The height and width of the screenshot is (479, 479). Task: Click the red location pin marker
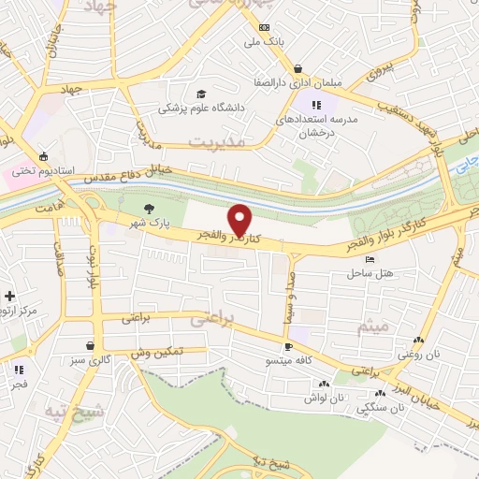coord(239,219)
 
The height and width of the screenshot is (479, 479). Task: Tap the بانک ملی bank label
coord(263,42)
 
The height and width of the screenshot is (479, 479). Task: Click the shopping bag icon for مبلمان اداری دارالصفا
coord(298,69)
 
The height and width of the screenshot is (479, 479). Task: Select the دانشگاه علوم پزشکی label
coord(201,109)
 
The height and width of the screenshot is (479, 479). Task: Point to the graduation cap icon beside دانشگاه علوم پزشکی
coord(200,94)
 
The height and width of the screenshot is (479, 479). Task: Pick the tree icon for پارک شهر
coord(147,209)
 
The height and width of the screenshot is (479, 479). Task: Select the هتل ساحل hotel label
coord(370,273)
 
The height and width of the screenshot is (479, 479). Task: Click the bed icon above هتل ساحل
coord(370,259)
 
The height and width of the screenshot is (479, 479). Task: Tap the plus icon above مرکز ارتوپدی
coord(8,296)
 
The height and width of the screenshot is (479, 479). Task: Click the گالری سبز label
coord(89,359)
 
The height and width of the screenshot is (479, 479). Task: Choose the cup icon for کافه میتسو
coord(289,345)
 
